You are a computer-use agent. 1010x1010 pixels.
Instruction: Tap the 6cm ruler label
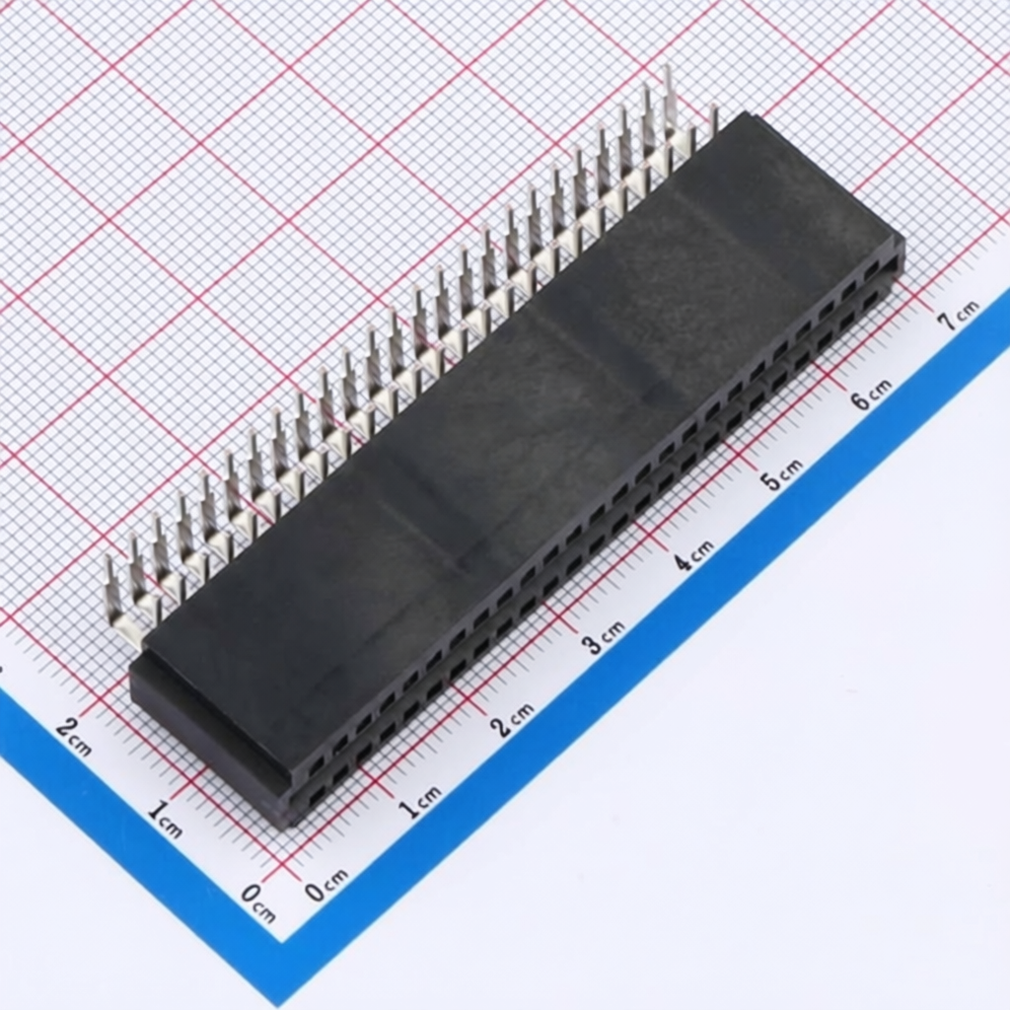coord(871,395)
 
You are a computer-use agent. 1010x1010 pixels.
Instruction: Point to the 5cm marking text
coord(781,477)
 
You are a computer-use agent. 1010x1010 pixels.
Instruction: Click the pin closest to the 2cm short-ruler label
coord(114,592)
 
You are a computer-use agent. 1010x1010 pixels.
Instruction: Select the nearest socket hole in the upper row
coord(317,765)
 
